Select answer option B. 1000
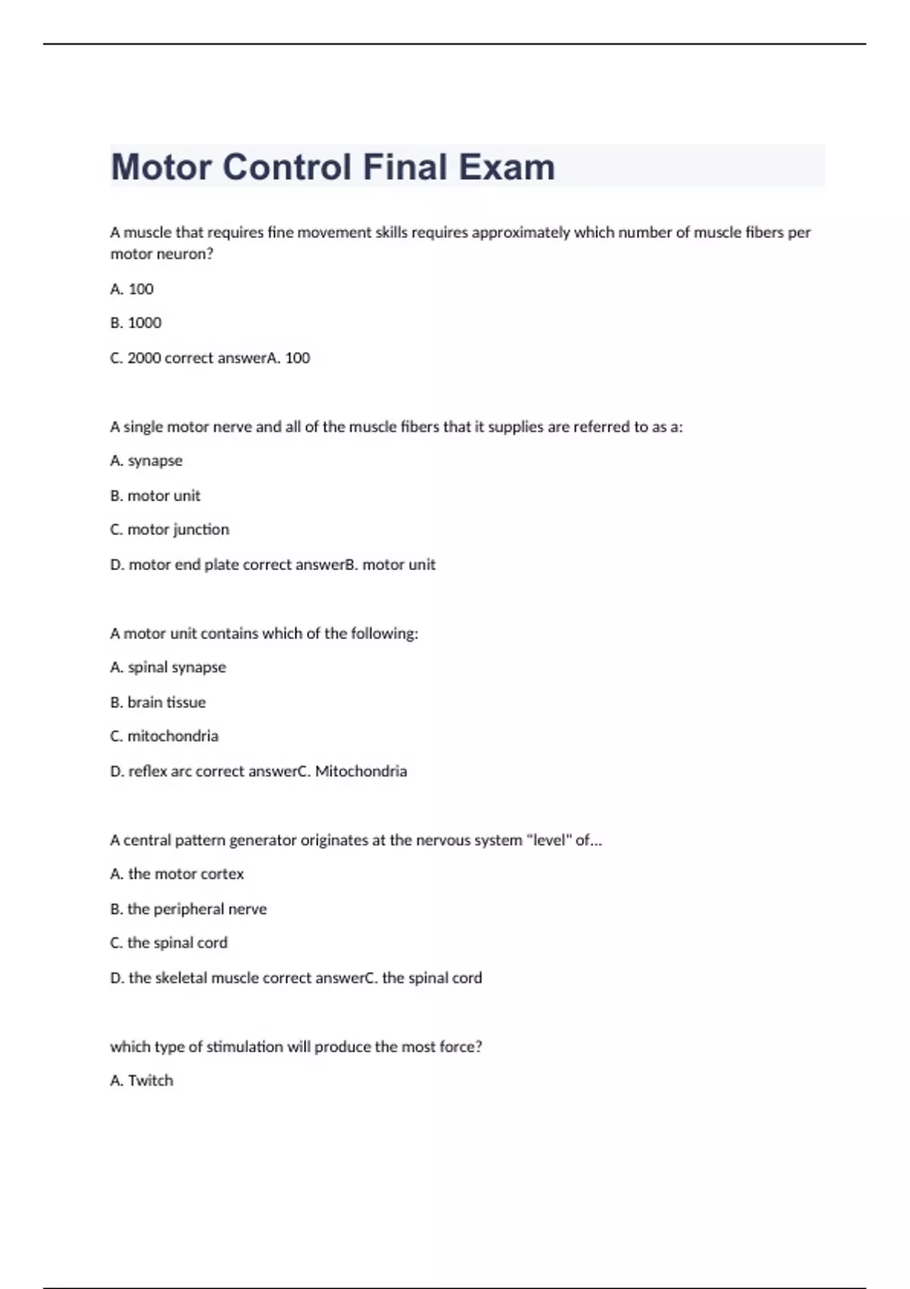click(136, 323)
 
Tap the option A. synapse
click(146, 461)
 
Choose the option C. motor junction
click(169, 529)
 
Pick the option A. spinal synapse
click(168, 667)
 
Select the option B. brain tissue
click(158, 702)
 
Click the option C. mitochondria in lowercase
click(164, 736)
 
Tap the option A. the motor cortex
click(177, 874)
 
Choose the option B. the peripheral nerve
click(188, 909)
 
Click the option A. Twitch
click(142, 1080)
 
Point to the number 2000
click(143, 358)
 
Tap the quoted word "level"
click(548, 840)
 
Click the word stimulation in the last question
click(244, 1047)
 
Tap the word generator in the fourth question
click(262, 840)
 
